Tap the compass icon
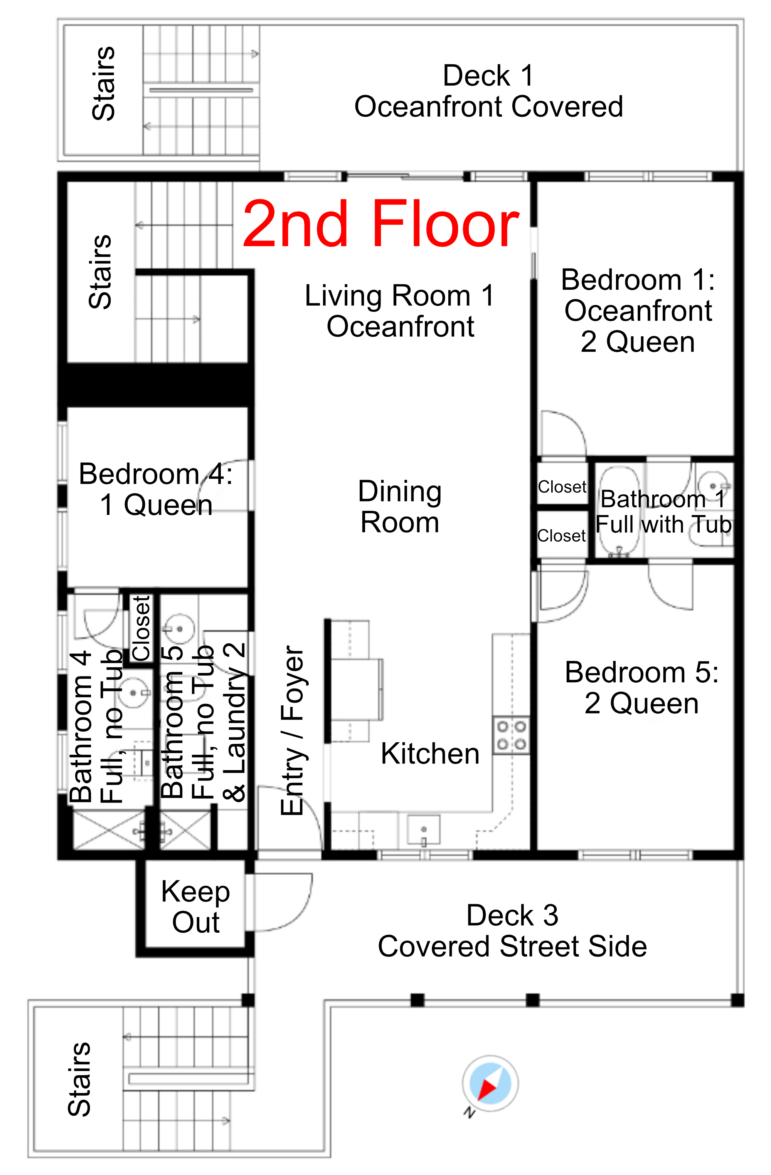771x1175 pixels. point(490,1084)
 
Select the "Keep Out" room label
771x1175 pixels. point(195,906)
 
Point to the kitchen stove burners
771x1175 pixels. point(511,735)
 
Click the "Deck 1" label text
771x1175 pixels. point(488,76)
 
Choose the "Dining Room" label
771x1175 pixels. point(400,507)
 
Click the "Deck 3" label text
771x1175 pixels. point(512,915)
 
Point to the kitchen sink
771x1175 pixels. point(423,831)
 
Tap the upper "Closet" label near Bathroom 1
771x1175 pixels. point(562,487)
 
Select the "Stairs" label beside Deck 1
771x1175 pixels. point(104,84)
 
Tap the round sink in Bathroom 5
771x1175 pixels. point(179,629)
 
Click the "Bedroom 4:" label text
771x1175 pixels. point(156,474)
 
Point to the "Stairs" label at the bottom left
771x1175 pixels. point(79,1079)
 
